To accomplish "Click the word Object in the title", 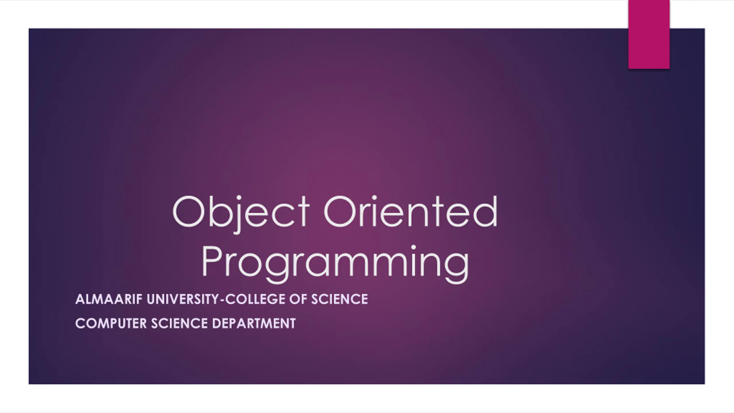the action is pyautogui.click(x=241, y=214).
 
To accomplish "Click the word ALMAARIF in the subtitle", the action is pyautogui.click(x=109, y=299).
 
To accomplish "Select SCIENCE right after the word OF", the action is pyautogui.click(x=339, y=299).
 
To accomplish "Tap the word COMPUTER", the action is pyautogui.click(x=111, y=324).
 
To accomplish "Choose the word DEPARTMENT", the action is pyautogui.click(x=254, y=324).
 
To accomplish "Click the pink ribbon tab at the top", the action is pyautogui.click(x=649, y=34).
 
